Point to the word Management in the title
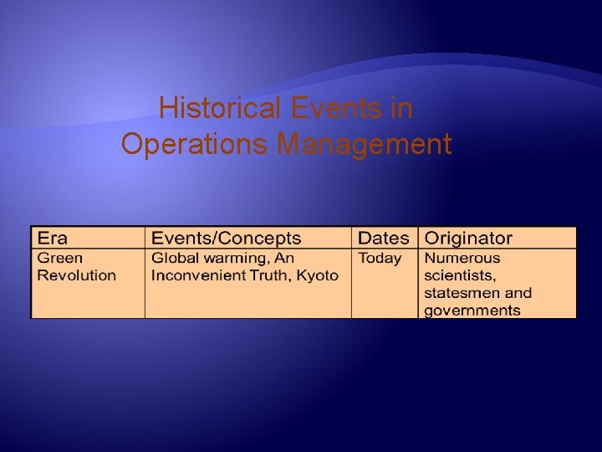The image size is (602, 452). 364,144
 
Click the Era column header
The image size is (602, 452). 54,239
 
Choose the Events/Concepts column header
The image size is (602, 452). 226,239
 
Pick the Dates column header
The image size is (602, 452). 384,239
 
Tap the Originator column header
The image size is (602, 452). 468,239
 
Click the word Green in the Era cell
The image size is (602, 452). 60,259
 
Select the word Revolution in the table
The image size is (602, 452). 77,275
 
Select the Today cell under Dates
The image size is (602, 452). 380,259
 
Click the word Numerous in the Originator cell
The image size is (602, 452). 462,259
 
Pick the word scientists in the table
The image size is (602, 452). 461,275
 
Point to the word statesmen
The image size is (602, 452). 462,293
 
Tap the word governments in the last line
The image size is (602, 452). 472,311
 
